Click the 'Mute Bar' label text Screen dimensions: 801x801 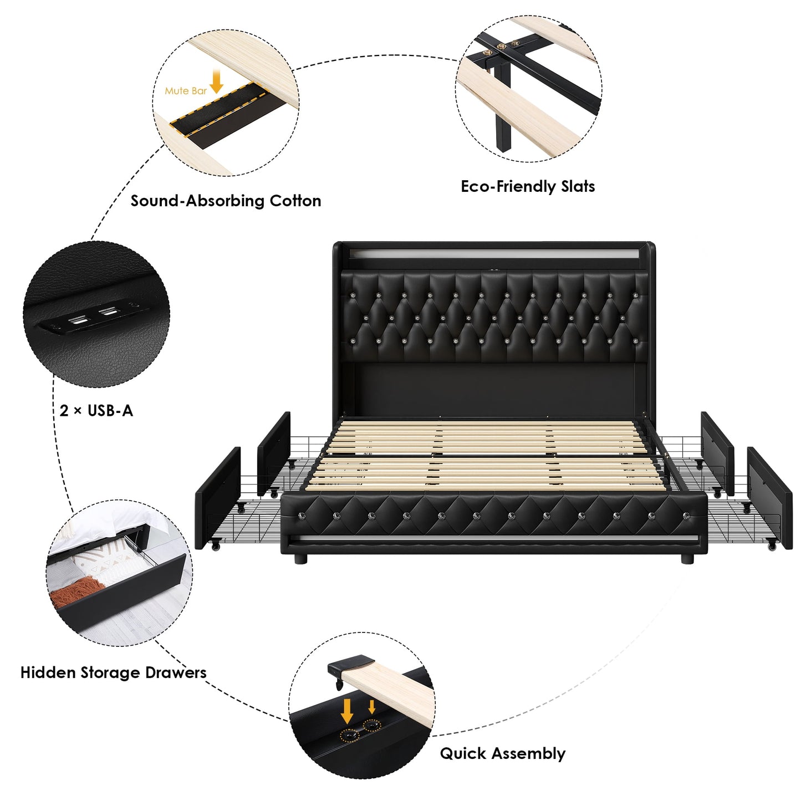pyautogui.click(x=186, y=91)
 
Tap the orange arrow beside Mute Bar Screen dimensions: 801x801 pyautogui.click(x=216, y=81)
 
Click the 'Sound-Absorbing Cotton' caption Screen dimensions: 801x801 pyautogui.click(x=226, y=201)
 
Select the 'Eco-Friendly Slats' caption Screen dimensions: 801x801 pyautogui.click(x=528, y=186)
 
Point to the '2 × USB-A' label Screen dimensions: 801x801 pyautogui.click(x=96, y=411)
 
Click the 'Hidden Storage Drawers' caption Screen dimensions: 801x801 pyautogui.click(x=113, y=672)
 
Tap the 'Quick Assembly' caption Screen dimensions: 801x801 pyautogui.click(x=502, y=753)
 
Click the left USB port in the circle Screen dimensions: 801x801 pyautogui.click(x=78, y=320)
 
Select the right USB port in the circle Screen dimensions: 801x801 pyautogui.click(x=108, y=313)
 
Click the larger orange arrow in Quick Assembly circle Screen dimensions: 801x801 pyautogui.click(x=347, y=711)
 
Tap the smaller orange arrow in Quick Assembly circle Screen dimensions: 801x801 pyautogui.click(x=371, y=707)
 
